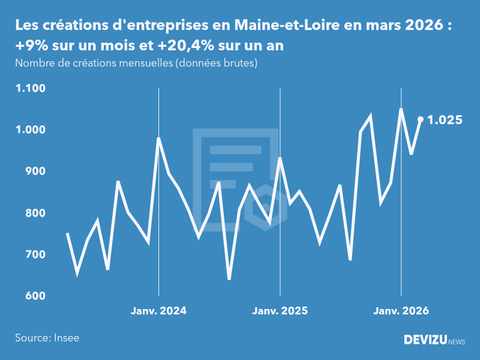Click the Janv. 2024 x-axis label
[x=158, y=311]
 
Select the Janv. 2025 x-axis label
[x=280, y=311]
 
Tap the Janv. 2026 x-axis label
[x=401, y=311]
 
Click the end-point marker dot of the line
[x=421, y=119]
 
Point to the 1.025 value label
[x=445, y=120]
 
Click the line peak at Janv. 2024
[x=158, y=139]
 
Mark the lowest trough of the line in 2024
[x=229, y=279]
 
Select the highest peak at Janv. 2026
[x=401, y=109]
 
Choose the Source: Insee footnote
[x=47, y=338]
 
